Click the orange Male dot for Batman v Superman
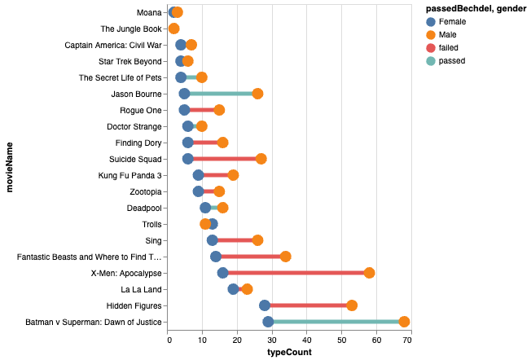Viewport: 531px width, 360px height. pos(404,322)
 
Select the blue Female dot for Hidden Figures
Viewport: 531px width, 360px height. pos(265,305)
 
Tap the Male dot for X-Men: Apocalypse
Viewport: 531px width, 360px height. pos(369,273)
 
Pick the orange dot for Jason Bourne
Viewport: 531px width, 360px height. pos(257,94)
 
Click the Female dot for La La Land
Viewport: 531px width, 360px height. pos(234,289)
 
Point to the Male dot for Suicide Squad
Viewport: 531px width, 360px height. pos(261,159)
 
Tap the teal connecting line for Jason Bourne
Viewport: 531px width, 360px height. pos(221,94)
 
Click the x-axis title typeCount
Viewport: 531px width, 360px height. pos(289,353)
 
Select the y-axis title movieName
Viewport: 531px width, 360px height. pos(10,168)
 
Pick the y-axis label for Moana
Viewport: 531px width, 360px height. pos(148,12)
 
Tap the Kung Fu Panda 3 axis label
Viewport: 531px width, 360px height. pos(129,175)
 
